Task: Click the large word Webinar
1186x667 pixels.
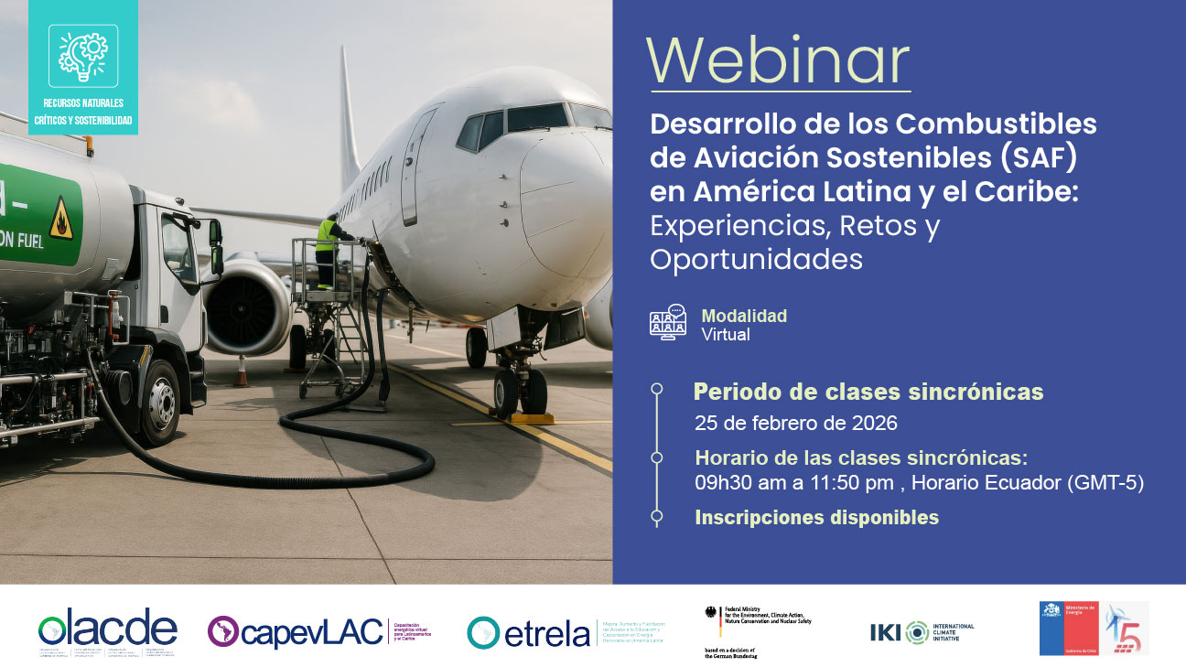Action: [x=778, y=61]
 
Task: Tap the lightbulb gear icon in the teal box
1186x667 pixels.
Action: [x=83, y=54]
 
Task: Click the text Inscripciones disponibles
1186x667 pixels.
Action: [x=816, y=518]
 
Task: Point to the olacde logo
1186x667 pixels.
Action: [x=107, y=629]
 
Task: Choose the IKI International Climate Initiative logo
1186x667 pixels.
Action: [x=922, y=631]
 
